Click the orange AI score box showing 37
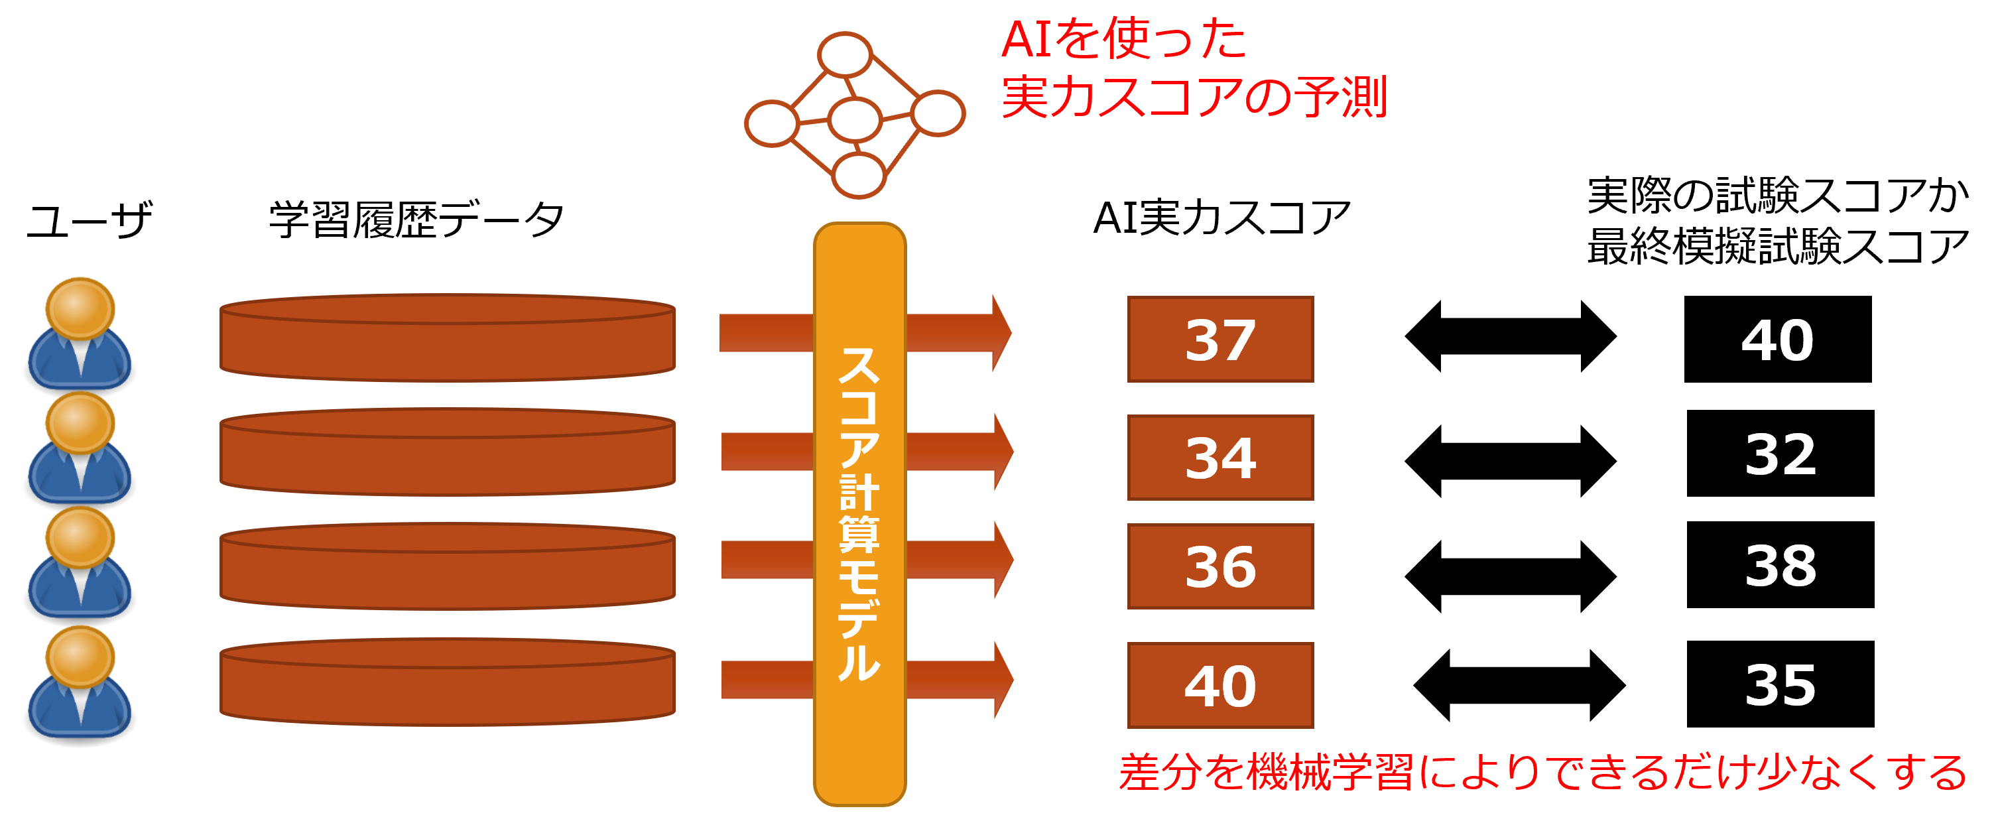(x=1219, y=339)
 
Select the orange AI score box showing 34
(x=1219, y=457)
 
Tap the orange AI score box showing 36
(x=1219, y=566)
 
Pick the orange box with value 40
(x=1219, y=684)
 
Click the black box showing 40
(x=1777, y=339)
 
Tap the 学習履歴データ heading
(x=416, y=220)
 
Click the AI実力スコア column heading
(x=1221, y=218)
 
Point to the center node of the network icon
(x=854, y=119)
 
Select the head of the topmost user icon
(x=80, y=308)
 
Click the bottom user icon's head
(x=80, y=657)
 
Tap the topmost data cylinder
(x=447, y=338)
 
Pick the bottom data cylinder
(x=447, y=683)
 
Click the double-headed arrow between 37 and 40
(x=1510, y=336)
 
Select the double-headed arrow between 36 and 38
(x=1510, y=576)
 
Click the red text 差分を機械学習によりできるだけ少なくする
(x=1542, y=773)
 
